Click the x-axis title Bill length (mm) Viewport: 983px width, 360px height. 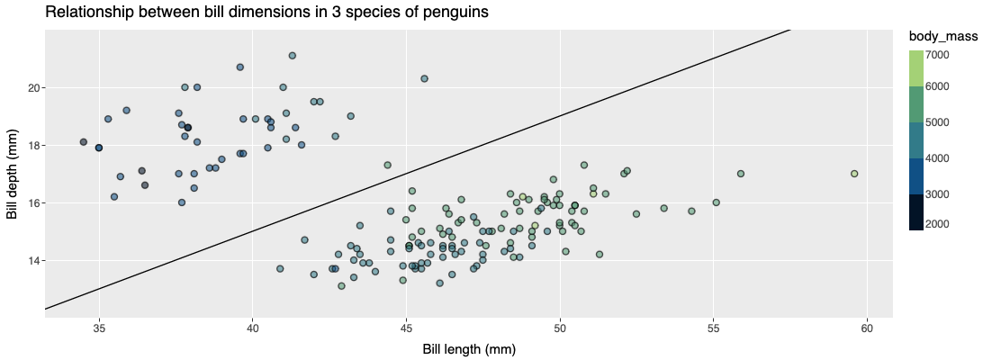pos(469,348)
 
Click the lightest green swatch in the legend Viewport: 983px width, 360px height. pos(915,68)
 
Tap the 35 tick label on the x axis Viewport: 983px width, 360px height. pos(100,325)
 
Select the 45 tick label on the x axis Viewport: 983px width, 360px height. pos(407,325)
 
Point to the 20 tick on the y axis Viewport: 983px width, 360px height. pos(32,87)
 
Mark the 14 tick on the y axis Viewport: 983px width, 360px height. pos(32,260)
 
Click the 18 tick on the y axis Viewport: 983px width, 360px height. pos(32,145)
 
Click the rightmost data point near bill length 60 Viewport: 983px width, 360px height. pos(854,174)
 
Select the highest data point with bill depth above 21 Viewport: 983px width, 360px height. pos(293,56)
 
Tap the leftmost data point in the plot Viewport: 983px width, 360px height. pos(84,142)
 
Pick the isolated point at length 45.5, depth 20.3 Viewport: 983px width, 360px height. pos(424,78)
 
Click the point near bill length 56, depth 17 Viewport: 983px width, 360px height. pos(741,174)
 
